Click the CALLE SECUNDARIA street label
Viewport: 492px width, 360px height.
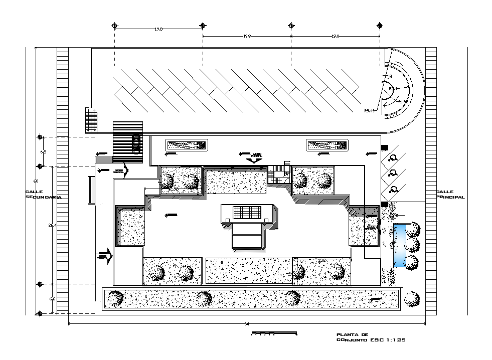point(43,195)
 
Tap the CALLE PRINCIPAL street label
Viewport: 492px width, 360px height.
point(450,195)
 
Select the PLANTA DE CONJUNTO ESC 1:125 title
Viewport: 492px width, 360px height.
point(370,337)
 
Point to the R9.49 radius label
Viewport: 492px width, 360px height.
point(370,110)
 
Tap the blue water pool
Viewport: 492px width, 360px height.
point(400,246)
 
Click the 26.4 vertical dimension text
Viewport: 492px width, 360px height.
point(51,226)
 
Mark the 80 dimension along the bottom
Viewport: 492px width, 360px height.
point(247,324)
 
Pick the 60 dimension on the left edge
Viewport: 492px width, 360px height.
point(36,181)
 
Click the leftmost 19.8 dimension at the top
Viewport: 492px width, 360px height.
point(158,30)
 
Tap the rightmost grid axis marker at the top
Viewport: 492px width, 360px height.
point(380,26)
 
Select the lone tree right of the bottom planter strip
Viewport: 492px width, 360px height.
point(412,299)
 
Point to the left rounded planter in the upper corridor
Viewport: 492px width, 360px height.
point(186,145)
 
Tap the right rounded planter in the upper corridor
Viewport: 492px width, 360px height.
point(326,145)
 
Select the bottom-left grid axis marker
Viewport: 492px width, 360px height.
point(40,313)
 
